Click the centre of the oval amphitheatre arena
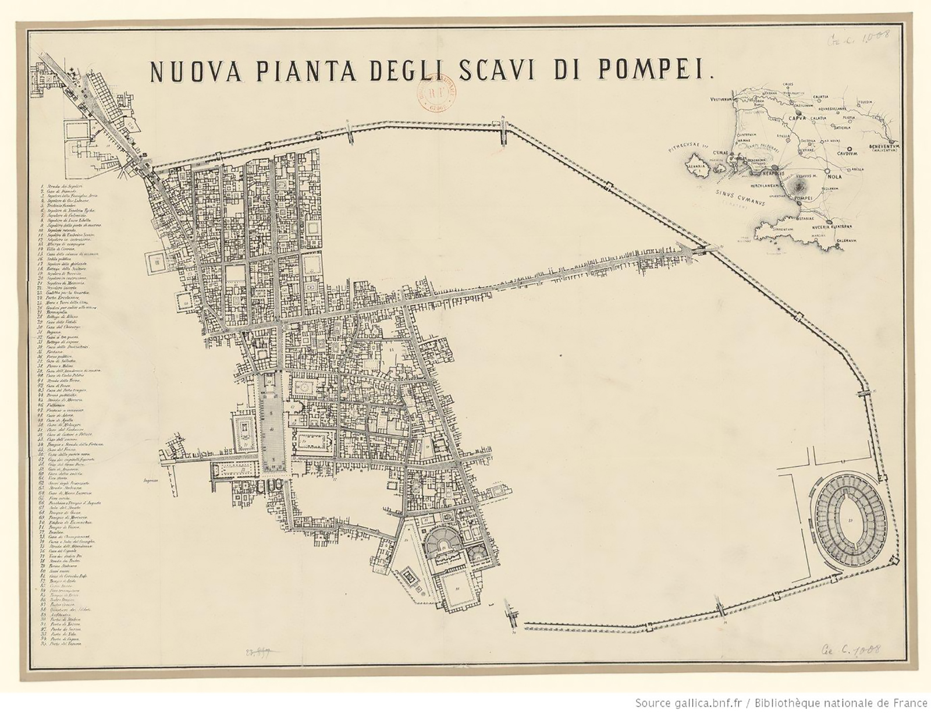tap(851, 520)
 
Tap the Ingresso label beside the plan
tap(151, 481)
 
